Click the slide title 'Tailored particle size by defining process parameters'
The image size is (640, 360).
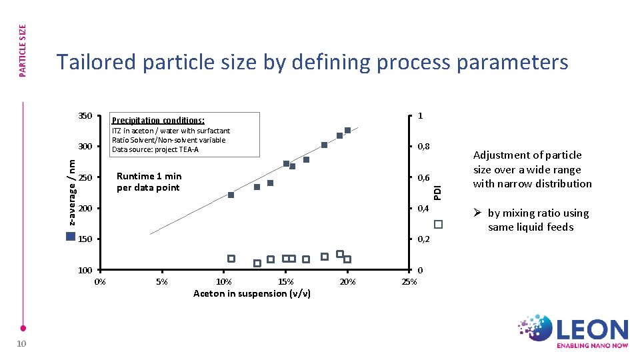(312, 62)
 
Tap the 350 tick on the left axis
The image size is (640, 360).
(85, 116)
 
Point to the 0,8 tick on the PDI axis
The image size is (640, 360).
(424, 147)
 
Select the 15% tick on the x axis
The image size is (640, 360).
(285, 282)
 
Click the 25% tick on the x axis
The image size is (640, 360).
(409, 282)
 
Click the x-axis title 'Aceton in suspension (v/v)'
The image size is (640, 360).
(251, 293)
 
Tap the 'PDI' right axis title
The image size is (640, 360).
(437, 186)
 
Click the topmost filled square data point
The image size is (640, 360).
(347, 130)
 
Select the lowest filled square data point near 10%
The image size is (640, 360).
(231, 195)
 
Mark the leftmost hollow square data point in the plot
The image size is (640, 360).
(231, 259)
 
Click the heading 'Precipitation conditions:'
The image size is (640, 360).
(158, 121)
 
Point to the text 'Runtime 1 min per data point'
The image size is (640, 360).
(149, 182)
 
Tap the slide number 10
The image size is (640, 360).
(21, 343)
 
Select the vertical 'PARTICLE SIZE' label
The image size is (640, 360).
(22, 51)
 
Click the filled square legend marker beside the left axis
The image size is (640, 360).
(71, 236)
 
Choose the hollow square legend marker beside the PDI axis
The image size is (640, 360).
(438, 224)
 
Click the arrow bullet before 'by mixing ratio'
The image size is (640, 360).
(477, 213)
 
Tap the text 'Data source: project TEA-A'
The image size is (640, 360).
(155, 149)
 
